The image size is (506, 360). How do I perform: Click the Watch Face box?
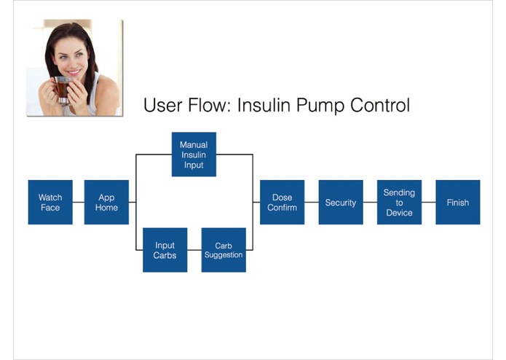coord(50,202)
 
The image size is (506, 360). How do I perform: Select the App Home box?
coord(106,202)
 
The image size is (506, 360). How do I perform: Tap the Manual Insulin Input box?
coord(194,154)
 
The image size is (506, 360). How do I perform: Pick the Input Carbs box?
coord(165,250)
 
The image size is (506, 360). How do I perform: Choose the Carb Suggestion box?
coord(224,250)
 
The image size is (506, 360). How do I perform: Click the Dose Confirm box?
coord(282,202)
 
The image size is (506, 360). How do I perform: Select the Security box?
coord(341,202)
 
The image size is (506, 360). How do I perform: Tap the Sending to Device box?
coord(399,202)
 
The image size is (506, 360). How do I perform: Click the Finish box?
coord(458,202)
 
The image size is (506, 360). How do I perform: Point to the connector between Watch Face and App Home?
coord(79,202)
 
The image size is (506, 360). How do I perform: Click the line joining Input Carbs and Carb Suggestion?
coord(194,250)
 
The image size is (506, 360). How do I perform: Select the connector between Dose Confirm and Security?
coord(312,202)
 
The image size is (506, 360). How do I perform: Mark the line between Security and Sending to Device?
coord(370,202)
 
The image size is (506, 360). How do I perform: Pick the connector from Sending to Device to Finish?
coord(429,202)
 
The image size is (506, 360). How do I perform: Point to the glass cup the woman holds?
coord(62,90)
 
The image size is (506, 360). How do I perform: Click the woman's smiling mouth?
coord(74,72)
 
